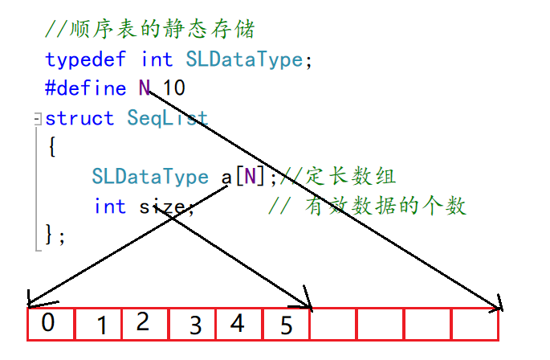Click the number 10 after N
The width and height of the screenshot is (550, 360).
(174, 88)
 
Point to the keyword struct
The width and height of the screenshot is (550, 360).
(79, 118)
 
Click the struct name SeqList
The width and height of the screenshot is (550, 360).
(167, 118)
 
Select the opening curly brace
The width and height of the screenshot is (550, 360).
(51, 148)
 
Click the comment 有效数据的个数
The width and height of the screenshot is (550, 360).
(385, 207)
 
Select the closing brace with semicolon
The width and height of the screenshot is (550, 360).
(55, 235)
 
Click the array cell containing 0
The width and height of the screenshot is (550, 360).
(50, 325)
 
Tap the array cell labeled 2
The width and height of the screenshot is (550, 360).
(145, 325)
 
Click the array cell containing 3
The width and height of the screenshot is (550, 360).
(192, 325)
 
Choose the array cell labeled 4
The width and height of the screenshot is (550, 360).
(238, 325)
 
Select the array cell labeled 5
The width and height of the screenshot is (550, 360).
(286, 325)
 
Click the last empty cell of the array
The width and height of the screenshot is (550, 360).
(475, 325)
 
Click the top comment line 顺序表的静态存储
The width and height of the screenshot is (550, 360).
(149, 31)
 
